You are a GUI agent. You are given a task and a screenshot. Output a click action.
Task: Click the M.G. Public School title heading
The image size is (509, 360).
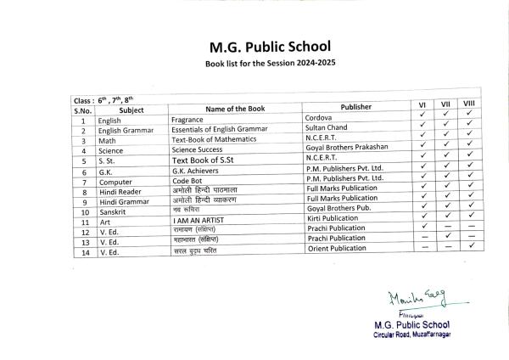tap(259, 47)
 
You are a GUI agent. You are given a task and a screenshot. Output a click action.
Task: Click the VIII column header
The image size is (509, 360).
tap(470, 104)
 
